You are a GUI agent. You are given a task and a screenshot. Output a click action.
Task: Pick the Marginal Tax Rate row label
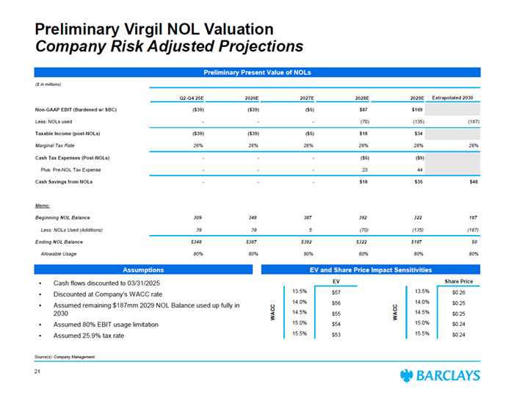point(59,145)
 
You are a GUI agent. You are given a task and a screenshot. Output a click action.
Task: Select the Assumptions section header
point(143,269)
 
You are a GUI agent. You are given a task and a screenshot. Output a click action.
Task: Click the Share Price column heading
point(459,281)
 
